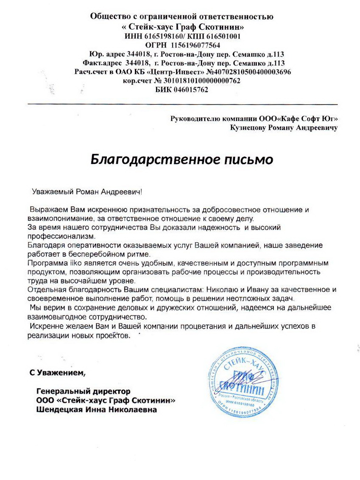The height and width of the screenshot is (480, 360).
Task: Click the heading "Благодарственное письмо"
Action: pos(182,159)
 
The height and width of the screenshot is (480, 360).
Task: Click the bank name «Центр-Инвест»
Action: pos(171,72)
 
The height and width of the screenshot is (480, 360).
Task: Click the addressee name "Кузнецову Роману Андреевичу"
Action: pos(284,127)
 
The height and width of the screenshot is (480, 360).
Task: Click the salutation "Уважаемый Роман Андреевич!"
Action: pos(87,192)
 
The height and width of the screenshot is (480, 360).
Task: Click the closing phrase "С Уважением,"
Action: pos(57,373)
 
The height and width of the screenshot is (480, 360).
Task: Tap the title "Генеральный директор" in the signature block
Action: pos(84,391)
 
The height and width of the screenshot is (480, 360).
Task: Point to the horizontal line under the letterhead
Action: pos(182,104)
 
